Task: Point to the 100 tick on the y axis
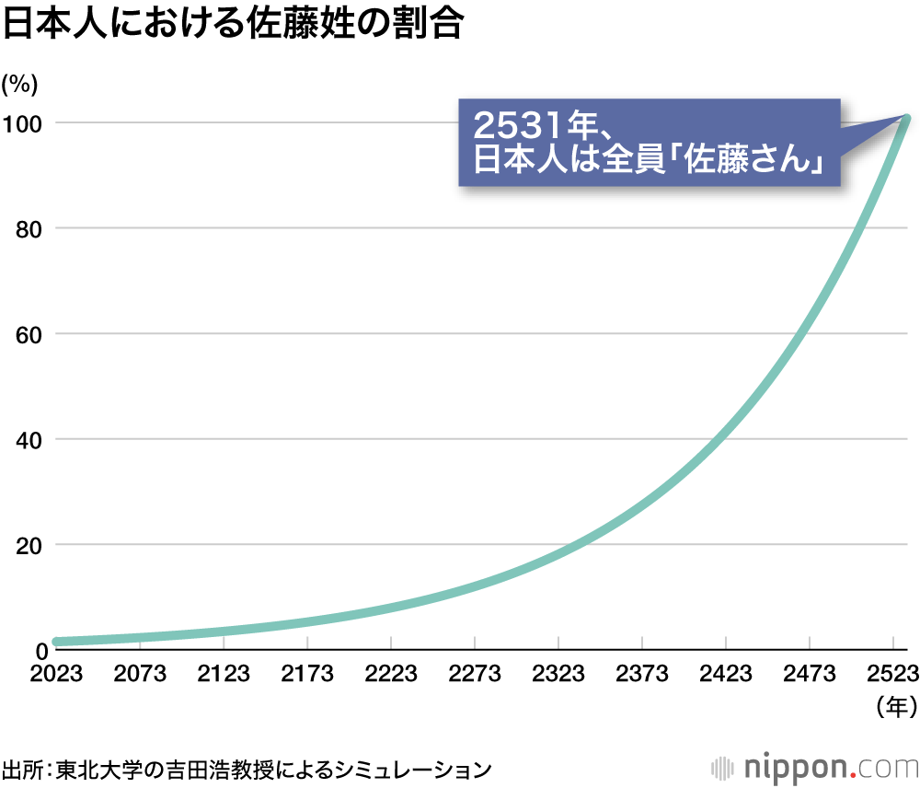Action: tap(23, 122)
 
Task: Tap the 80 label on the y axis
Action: tap(29, 228)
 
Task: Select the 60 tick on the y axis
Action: tap(29, 334)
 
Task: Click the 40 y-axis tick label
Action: tap(29, 440)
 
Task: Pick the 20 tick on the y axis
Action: tap(29, 545)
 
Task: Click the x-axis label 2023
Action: tap(55, 674)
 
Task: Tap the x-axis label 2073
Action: tap(140, 674)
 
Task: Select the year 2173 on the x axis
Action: tap(307, 674)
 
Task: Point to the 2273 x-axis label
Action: tap(475, 674)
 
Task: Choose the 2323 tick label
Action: tap(558, 674)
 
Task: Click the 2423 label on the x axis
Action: tap(726, 674)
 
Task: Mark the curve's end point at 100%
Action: tap(905, 120)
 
